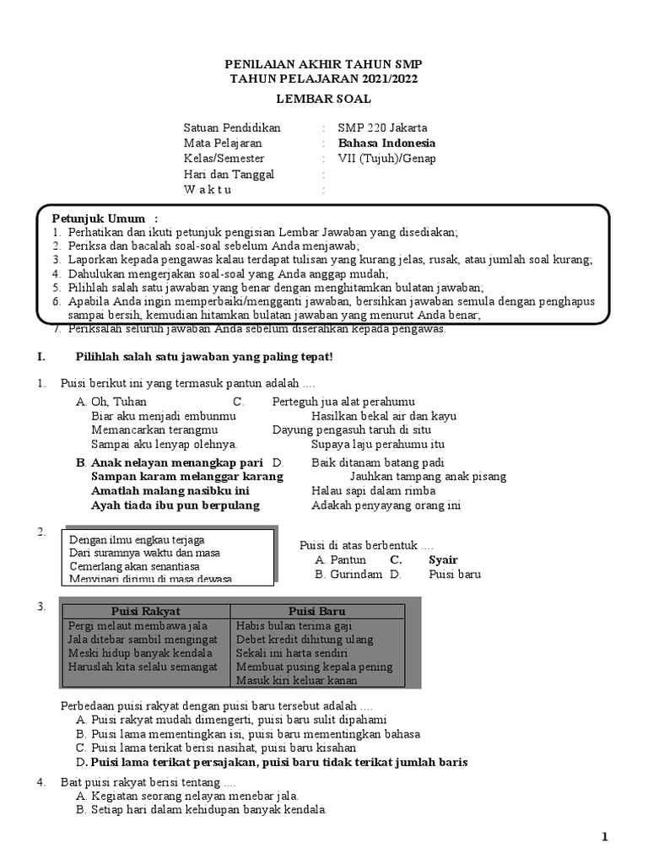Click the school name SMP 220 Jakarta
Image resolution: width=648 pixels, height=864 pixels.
point(382,127)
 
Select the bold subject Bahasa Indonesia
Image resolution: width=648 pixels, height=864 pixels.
point(386,143)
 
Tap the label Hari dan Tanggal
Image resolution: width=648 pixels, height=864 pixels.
point(229,174)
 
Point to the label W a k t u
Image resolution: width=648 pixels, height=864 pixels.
point(208,189)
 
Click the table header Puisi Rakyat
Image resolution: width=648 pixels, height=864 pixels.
point(146,611)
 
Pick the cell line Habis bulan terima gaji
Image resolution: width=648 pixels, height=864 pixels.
point(294,626)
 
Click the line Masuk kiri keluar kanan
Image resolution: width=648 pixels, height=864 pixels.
point(297,680)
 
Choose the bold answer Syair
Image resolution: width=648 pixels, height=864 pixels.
point(443,559)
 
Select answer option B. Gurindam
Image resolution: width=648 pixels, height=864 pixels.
point(348,575)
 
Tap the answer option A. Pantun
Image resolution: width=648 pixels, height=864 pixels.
point(340,559)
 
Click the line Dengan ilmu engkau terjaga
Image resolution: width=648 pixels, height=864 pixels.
point(137,539)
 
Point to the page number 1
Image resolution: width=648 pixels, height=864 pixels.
point(604,836)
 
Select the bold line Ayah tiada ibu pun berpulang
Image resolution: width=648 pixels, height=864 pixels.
point(175,505)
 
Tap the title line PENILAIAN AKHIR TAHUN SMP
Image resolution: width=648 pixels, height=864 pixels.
point(323,64)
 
